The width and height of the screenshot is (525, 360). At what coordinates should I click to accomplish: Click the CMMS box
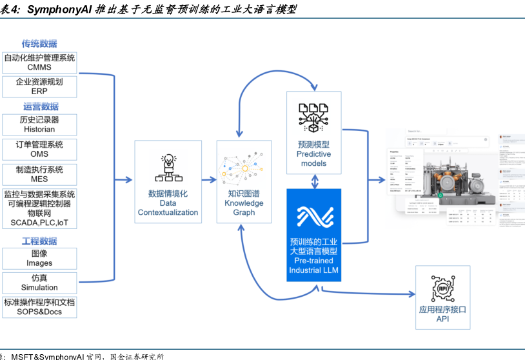[x=40, y=63]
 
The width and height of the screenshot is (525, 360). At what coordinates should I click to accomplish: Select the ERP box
[x=40, y=86]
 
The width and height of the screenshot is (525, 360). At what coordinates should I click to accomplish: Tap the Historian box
[x=40, y=125]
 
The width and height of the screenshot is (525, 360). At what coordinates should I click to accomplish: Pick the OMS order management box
[x=40, y=149]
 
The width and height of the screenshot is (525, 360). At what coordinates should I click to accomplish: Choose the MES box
[x=40, y=174]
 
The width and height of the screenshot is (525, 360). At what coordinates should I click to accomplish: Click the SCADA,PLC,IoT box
[x=40, y=208]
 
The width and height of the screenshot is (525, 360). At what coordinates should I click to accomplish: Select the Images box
[x=40, y=258]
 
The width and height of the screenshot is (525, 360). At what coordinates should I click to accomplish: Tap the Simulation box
[x=40, y=283]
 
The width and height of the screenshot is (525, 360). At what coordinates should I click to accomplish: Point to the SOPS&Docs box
[x=40, y=307]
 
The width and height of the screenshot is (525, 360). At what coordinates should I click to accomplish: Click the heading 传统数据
[x=39, y=44]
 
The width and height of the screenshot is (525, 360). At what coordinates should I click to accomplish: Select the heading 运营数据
[x=41, y=106]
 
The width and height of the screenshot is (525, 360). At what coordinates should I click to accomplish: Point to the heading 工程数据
[x=39, y=241]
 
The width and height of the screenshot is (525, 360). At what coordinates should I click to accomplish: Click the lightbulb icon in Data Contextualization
[x=168, y=168]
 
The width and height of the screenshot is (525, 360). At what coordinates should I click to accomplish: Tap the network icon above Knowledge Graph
[x=244, y=170]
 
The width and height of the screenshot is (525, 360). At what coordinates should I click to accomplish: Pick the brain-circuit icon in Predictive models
[x=313, y=117]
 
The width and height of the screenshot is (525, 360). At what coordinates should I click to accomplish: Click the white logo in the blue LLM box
[x=313, y=216]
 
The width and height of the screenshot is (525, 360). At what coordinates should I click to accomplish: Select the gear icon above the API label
[x=443, y=288]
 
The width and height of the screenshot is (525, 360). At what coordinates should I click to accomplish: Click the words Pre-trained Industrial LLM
[x=314, y=265]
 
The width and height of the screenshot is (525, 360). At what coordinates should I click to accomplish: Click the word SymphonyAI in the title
[x=60, y=10]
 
